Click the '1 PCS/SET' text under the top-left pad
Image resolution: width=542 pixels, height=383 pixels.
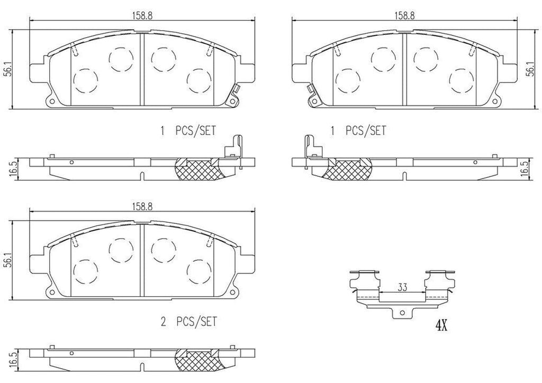pyautogui.click(x=188, y=130)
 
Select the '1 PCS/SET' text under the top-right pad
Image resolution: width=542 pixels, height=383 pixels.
pyautogui.click(x=358, y=130)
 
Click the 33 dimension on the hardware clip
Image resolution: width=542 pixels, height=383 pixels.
pyautogui.click(x=402, y=287)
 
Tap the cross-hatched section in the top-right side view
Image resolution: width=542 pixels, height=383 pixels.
pyautogui.click(x=347, y=169)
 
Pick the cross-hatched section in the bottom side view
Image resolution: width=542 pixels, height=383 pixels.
pyautogui.click(x=198, y=361)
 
